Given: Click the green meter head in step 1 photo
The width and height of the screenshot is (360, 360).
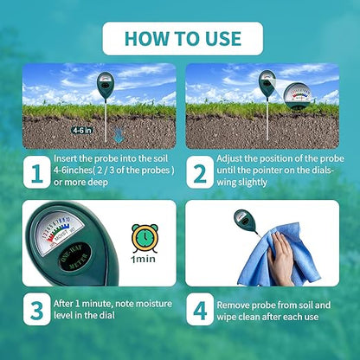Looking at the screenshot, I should pos(105,87).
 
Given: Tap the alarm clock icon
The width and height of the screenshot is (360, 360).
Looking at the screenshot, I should pos(144,238).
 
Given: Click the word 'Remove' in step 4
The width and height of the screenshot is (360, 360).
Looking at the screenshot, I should pos(236,304).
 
